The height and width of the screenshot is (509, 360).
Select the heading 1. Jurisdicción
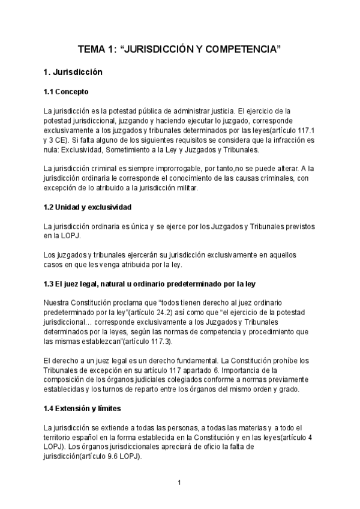pos(73,72)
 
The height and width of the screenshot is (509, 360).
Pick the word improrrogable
pos(167,169)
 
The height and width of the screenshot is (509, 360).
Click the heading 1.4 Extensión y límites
pos(83,409)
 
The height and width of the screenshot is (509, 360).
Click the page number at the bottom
pos(179,483)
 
